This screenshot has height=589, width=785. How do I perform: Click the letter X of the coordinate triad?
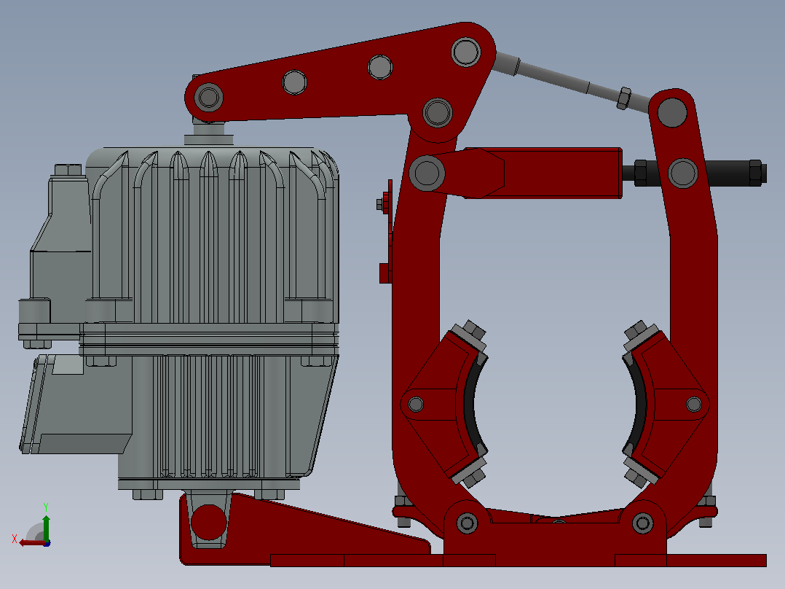(15, 539)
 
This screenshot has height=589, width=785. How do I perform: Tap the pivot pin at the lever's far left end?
(209, 97)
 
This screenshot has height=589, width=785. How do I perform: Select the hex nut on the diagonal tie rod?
(624, 98)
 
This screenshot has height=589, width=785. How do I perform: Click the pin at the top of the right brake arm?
(672, 112)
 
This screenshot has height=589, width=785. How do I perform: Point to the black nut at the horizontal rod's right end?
(756, 173)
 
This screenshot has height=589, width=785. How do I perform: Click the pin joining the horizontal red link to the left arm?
(427, 173)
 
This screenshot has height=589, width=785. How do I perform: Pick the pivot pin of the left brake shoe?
(416, 404)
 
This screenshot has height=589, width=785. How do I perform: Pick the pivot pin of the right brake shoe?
(694, 404)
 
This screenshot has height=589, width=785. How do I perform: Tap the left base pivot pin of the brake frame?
(467, 523)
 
